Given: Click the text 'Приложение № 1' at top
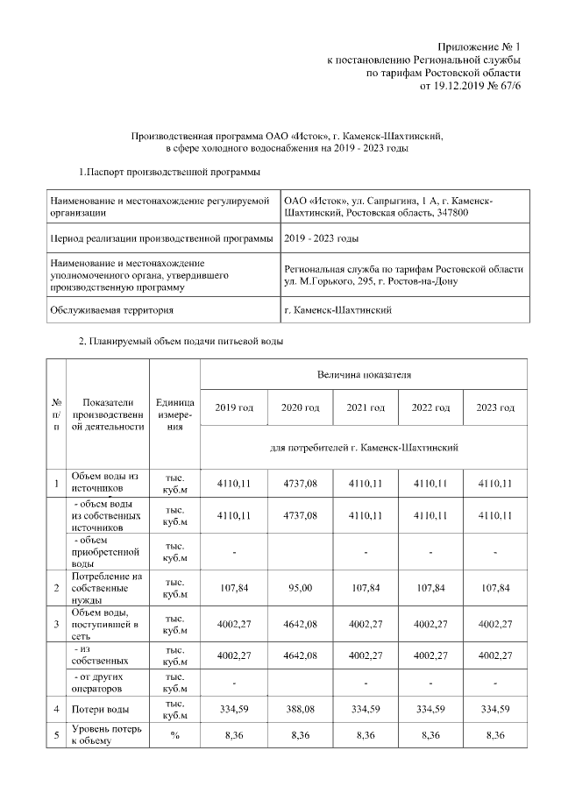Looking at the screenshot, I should coord(479,46).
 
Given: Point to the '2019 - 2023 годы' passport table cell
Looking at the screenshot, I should coord(322,238).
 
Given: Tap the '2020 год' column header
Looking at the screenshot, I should coord(300,408).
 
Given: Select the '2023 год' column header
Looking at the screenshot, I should coord(495,408).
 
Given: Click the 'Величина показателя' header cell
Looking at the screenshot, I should coord(364,374).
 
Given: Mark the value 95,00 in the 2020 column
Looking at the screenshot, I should coord(300,586).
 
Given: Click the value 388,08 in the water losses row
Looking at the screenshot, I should coord(300,709).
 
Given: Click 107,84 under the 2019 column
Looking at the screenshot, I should coord(234,586).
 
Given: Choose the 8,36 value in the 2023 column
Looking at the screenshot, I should coord(495,734).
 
